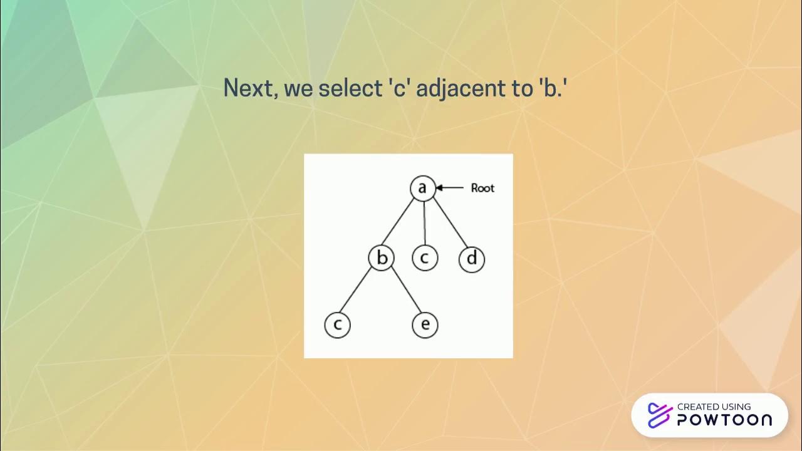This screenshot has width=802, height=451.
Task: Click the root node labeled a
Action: coord(422,188)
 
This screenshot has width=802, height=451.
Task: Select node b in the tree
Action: coord(381,258)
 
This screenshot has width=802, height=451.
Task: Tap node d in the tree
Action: coord(472,259)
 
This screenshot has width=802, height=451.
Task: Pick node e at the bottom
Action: coord(425,324)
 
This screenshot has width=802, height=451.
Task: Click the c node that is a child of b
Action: coord(337,324)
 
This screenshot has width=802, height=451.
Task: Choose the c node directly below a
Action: coord(424,258)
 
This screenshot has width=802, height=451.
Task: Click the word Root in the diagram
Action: coord(482,188)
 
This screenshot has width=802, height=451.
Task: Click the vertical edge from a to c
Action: coord(424,223)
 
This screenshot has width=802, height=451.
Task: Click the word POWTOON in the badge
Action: coord(724,420)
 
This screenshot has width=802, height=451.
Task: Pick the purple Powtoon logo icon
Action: coord(659,415)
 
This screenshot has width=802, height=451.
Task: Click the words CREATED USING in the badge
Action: coord(714,407)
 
